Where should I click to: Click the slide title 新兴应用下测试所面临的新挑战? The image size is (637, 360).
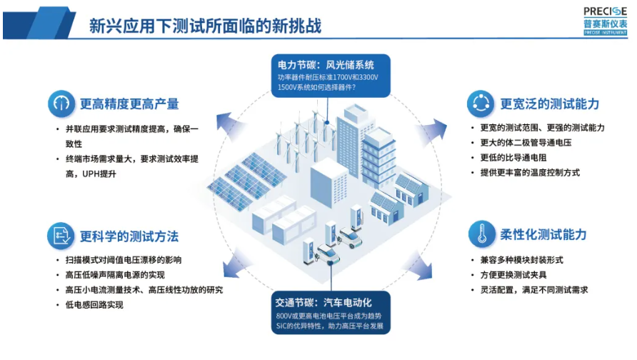[x=205, y=26]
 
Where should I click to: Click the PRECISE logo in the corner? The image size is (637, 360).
[x=604, y=19]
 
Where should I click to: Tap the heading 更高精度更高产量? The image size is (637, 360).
[x=129, y=104]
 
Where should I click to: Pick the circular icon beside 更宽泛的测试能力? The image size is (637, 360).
[x=481, y=104]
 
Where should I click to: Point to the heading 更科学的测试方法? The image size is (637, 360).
[x=129, y=236]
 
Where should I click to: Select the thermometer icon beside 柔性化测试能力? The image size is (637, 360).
[x=481, y=234]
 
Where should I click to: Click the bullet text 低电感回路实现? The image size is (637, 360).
[x=94, y=305]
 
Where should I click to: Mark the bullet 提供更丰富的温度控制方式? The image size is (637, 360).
[x=529, y=172]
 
